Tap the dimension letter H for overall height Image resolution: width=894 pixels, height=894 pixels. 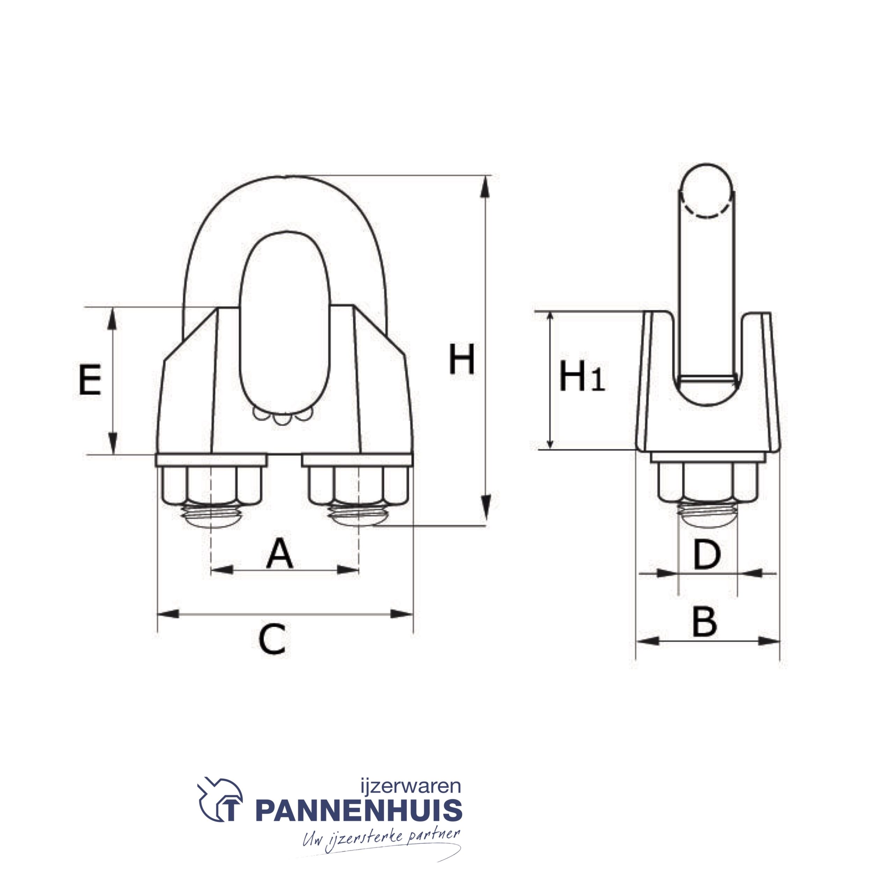[461, 360]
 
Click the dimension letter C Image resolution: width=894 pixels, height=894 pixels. [272, 639]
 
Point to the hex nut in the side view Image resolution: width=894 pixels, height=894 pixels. [708, 483]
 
